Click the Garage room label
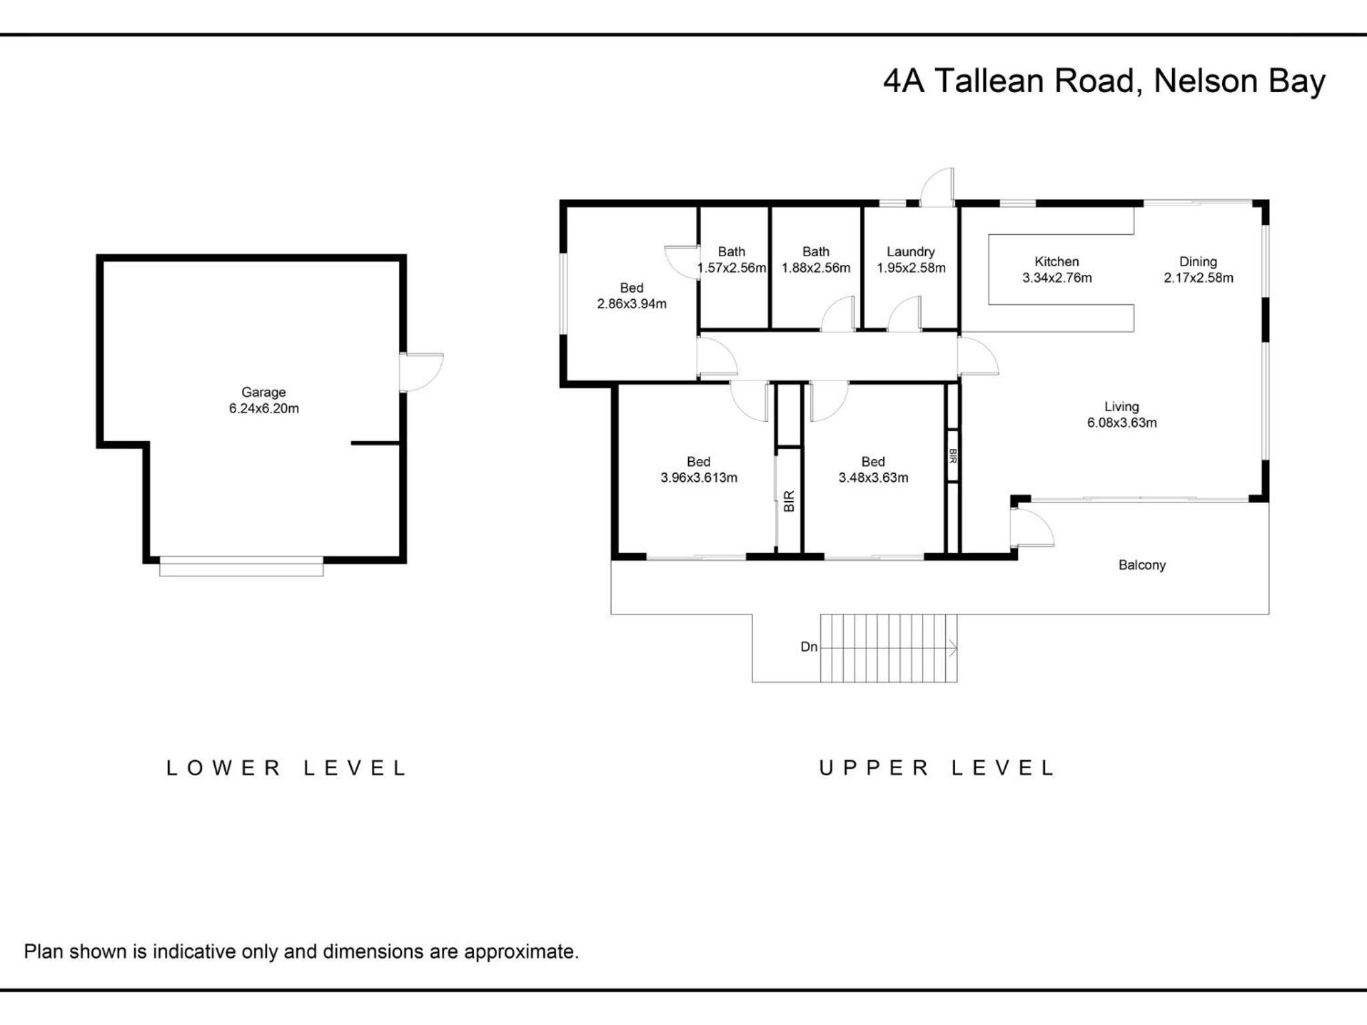pyautogui.click(x=264, y=392)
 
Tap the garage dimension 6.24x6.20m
pyautogui.click(x=264, y=408)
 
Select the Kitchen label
pyautogui.click(x=1057, y=262)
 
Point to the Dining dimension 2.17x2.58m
pyautogui.click(x=1198, y=278)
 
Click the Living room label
pyautogui.click(x=1121, y=406)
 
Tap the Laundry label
pyautogui.click(x=910, y=252)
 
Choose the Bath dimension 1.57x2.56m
pyautogui.click(x=732, y=268)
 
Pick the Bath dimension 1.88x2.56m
pyautogui.click(x=816, y=268)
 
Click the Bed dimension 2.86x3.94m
pyautogui.click(x=631, y=304)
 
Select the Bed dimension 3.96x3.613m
pyautogui.click(x=699, y=477)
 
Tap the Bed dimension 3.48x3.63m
pyautogui.click(x=873, y=477)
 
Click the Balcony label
pyautogui.click(x=1142, y=565)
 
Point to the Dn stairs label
pyautogui.click(x=809, y=647)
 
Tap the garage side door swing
pyautogui.click(x=422, y=372)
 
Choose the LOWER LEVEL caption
pyautogui.click(x=286, y=768)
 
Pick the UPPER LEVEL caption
pyautogui.click(x=936, y=768)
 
